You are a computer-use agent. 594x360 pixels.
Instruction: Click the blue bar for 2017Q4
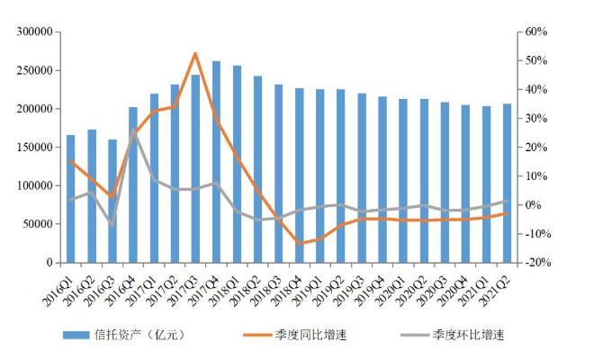tap(216, 162)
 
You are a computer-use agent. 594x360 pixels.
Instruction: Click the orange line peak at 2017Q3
tap(195, 53)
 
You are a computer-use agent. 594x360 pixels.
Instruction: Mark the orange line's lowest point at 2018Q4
tap(299, 243)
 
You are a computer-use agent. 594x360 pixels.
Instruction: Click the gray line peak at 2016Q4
tap(133, 130)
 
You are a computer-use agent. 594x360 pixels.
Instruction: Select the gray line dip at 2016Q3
tap(112, 223)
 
